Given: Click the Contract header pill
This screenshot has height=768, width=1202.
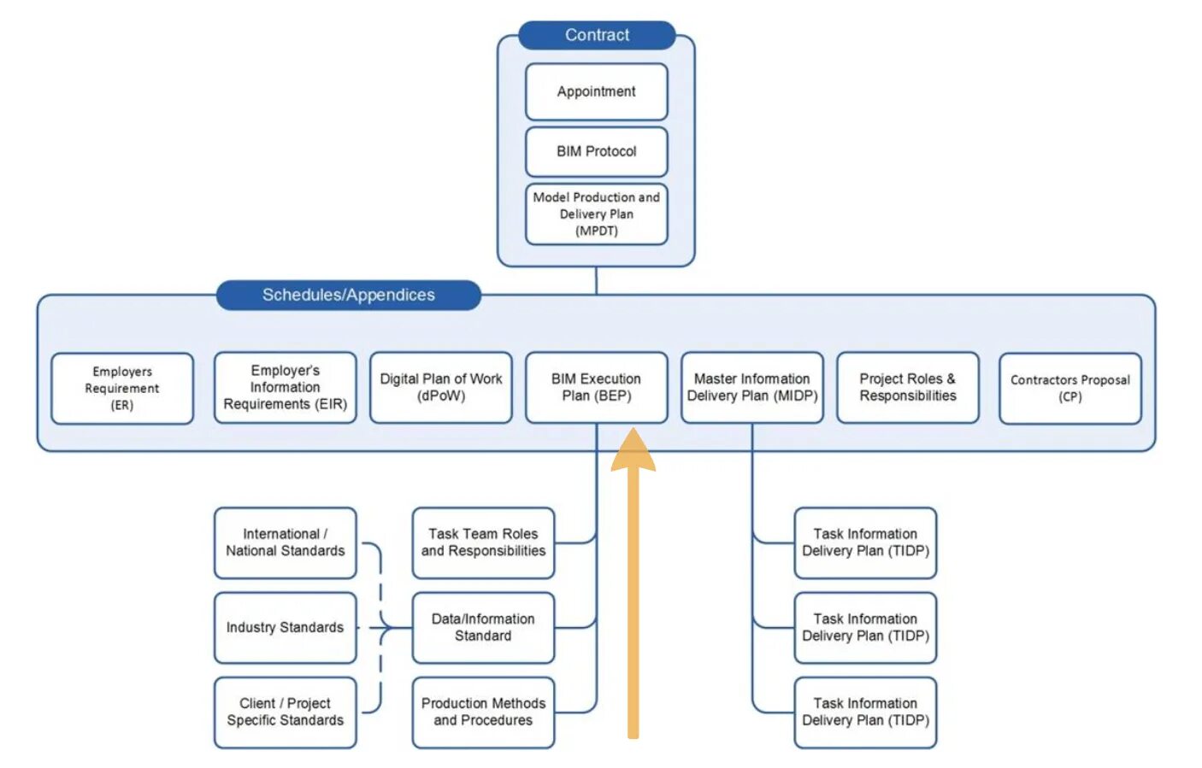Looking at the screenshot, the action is point(597,35).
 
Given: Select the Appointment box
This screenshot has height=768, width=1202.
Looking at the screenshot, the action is point(596,91).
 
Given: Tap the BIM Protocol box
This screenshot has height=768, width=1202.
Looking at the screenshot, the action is point(596,152).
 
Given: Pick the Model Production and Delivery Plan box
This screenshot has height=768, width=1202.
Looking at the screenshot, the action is point(596,214).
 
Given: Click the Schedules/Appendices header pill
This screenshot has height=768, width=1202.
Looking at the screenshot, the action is point(348,295).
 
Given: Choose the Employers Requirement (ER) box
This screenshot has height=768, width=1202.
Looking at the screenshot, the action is point(122,389).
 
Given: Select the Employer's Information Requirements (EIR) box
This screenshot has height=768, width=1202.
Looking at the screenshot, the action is point(285,387).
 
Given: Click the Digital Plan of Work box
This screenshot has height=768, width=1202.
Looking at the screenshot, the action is point(440,387).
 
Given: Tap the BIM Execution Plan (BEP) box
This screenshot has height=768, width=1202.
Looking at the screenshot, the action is point(596,387).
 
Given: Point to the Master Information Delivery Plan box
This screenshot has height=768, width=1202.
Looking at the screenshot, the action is point(751,387).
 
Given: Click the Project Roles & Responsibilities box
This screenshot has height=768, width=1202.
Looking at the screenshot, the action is point(907,387).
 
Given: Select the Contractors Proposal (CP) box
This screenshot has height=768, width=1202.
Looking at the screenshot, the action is point(1070,389).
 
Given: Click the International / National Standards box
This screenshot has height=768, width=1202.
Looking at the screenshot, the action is point(285,542).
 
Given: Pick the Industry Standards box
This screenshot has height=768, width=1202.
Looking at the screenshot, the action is point(285,628).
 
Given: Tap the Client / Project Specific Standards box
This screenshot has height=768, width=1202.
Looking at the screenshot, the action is point(285,712).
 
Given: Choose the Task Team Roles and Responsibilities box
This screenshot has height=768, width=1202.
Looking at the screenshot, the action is point(483,542).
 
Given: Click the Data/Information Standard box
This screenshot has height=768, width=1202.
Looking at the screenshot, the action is point(483,628).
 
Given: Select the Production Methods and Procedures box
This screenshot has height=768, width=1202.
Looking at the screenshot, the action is point(483,712).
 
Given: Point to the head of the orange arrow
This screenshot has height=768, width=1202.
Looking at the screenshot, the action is point(633,429).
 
